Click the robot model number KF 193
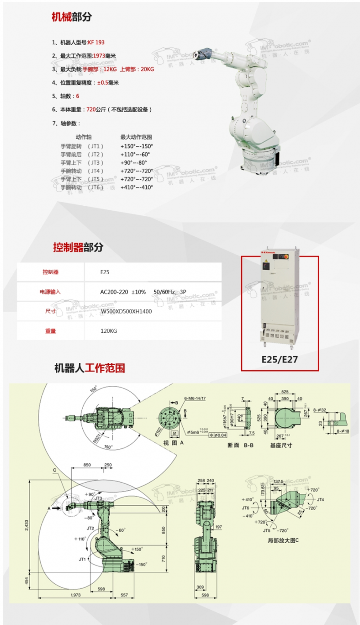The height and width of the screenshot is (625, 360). [96, 42]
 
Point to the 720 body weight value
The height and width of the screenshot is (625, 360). [90, 109]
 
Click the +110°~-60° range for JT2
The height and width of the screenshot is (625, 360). [135, 154]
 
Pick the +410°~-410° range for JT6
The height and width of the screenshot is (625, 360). [137, 187]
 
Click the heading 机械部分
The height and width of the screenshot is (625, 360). [72, 17]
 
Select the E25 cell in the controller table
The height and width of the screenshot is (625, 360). [105, 272]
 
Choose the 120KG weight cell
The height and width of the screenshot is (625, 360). [108, 331]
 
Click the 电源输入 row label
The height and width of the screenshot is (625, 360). [50, 292]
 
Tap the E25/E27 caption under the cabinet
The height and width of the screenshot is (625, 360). [279, 359]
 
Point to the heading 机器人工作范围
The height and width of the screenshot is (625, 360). [89, 368]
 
